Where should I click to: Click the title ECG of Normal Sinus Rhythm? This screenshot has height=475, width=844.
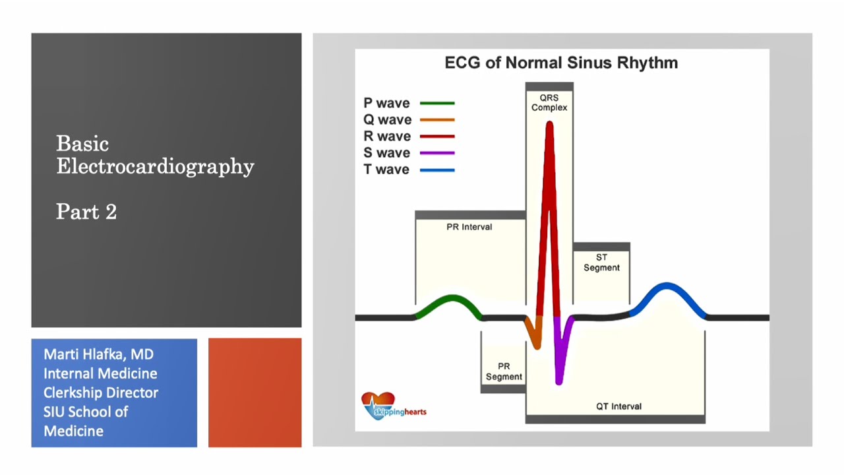[561, 63]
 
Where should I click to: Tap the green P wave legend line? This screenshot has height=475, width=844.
[437, 104]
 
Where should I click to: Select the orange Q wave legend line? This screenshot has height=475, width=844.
[437, 120]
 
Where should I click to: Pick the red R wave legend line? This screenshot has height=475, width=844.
[437, 137]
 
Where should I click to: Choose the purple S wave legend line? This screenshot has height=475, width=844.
[437, 153]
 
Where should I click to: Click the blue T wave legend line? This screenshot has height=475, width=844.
[437, 170]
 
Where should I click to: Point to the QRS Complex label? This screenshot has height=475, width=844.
[549, 102]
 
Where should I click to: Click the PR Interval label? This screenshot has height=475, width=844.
[469, 227]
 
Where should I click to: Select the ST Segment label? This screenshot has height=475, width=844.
[601, 263]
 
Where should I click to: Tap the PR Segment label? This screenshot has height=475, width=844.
[504, 371]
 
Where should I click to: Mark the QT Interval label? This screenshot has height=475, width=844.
[618, 406]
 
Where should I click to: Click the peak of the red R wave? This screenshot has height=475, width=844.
[549, 125]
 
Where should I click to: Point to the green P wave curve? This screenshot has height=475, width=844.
[452, 301]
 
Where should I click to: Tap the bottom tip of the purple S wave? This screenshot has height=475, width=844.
[559, 380]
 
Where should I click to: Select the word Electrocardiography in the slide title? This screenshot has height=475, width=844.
[155, 166]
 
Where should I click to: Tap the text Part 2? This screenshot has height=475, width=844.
[86, 212]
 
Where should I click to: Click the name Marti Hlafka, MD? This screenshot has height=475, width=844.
[98, 354]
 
